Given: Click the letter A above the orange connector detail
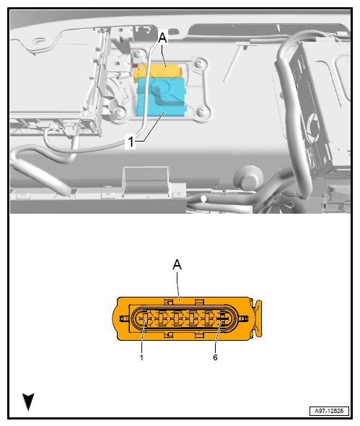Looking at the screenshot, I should (x=177, y=265).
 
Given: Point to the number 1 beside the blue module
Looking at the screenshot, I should (x=131, y=142).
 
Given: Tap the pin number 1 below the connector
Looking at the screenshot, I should (x=141, y=357).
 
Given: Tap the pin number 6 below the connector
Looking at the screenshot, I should (x=215, y=357).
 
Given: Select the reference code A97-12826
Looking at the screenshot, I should (x=328, y=410).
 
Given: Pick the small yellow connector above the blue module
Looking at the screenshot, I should (x=162, y=71).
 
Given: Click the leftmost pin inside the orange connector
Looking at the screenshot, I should (x=144, y=318).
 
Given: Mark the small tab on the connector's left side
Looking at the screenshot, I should (x=119, y=318).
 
